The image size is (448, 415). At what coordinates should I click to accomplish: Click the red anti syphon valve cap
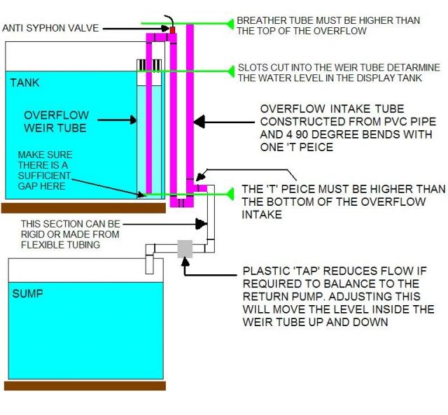coord(171,29)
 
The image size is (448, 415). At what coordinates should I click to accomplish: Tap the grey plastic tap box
coord(185,248)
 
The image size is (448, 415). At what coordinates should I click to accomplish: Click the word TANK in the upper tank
coord(25,83)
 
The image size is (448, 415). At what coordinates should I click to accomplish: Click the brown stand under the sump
coord(85,385)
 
